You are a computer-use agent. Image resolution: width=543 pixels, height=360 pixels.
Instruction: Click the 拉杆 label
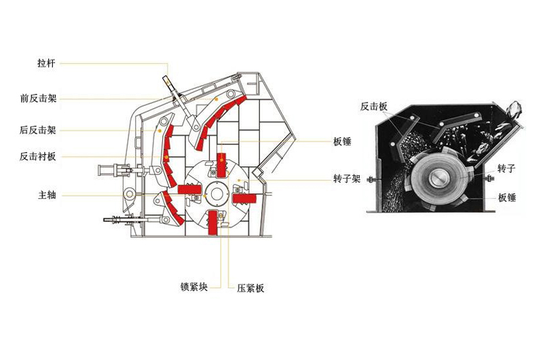(x=45, y=63)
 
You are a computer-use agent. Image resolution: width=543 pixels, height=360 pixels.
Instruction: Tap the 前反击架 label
(x=38, y=98)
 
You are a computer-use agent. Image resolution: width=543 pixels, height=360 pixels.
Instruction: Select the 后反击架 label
(x=38, y=129)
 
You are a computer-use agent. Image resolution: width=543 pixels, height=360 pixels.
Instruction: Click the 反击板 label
(x=373, y=107)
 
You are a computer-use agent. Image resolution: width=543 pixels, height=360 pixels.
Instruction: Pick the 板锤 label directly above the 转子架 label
(x=342, y=142)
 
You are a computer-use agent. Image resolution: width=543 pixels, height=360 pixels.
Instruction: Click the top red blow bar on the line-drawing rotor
(x=221, y=167)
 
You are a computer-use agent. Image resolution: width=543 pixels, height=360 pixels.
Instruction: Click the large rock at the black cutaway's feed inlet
(x=515, y=109)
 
